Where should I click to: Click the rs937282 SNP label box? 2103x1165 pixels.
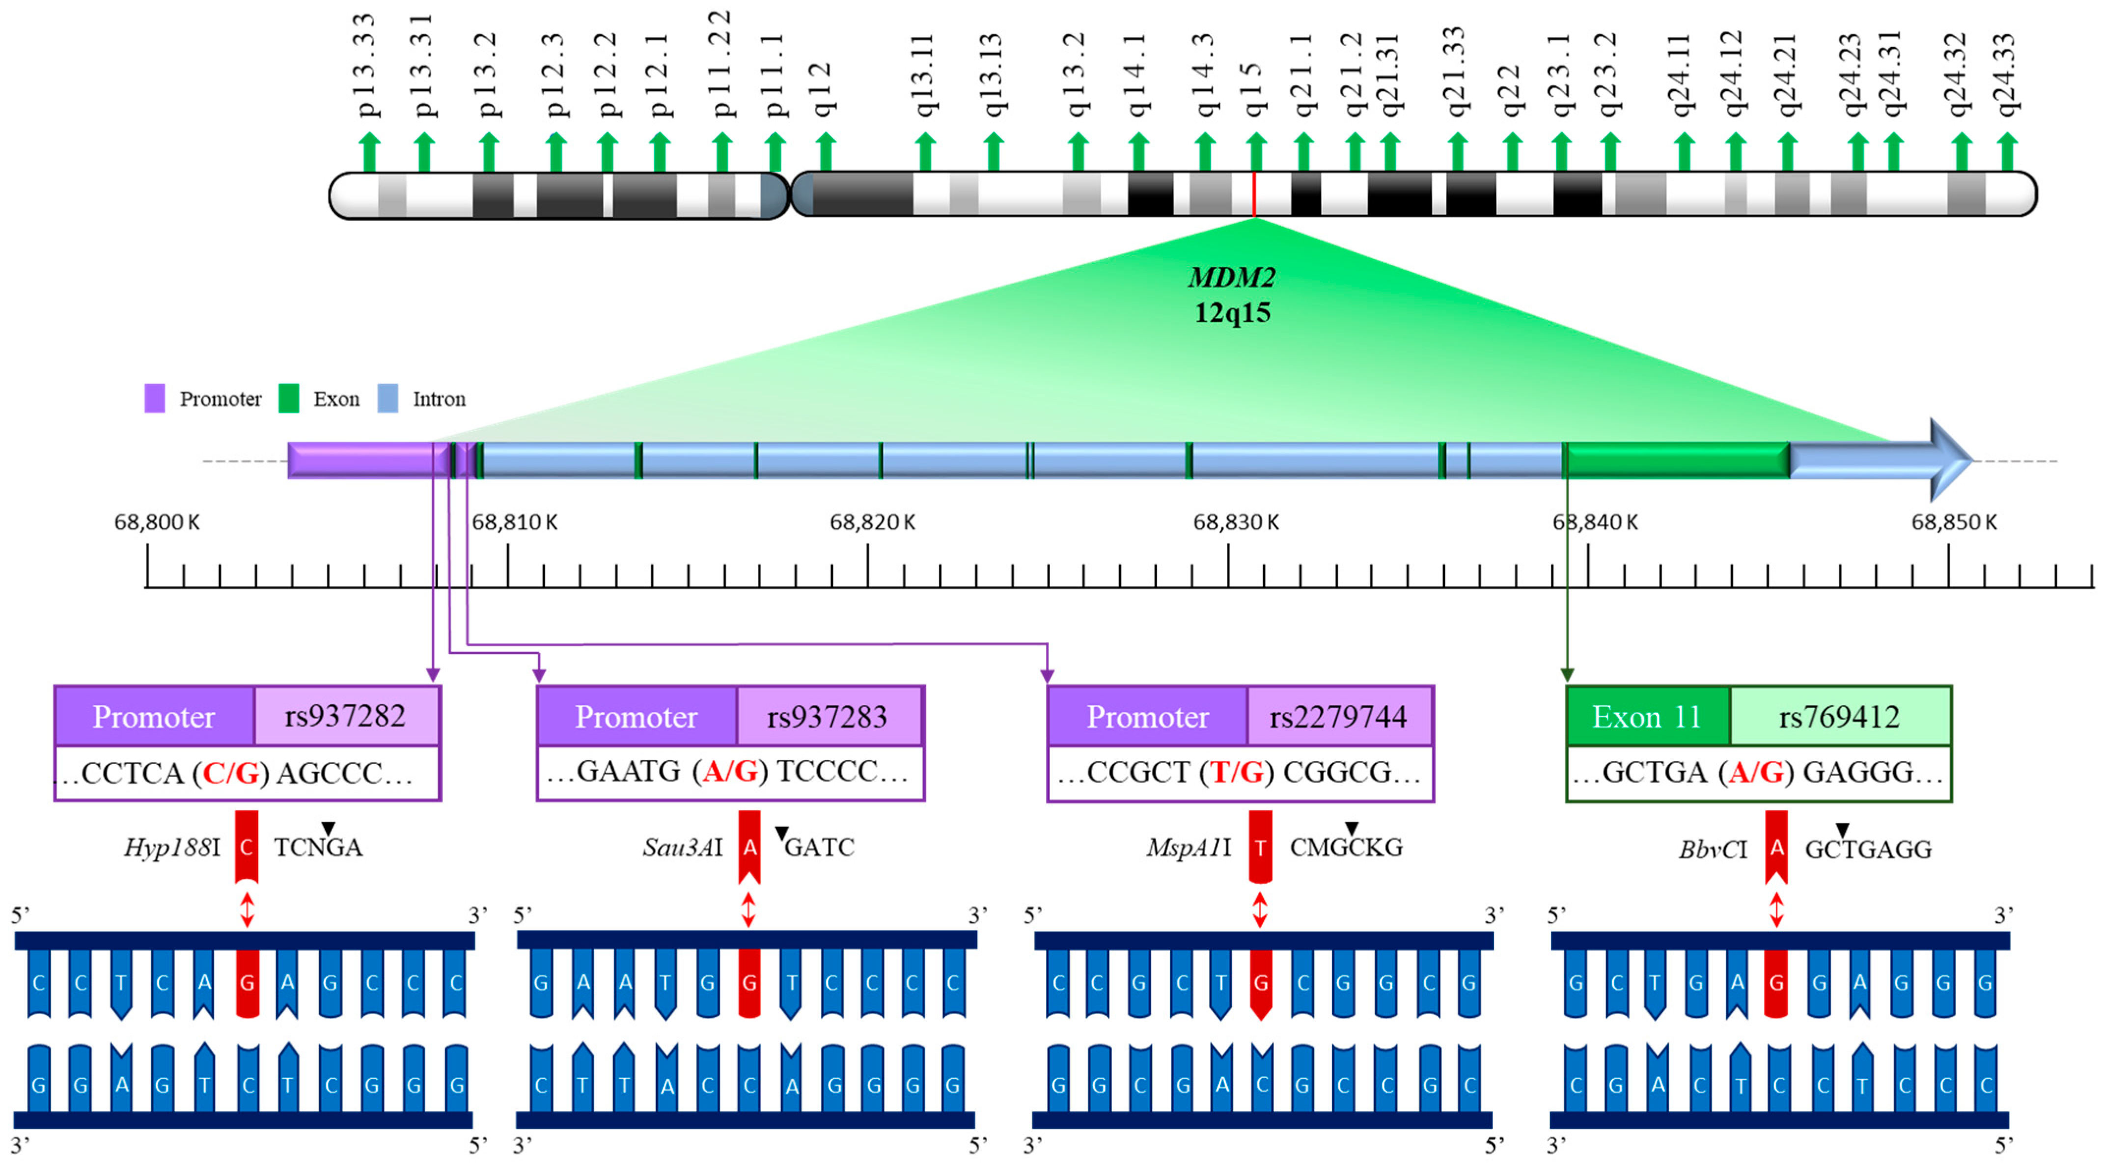[x=345, y=716]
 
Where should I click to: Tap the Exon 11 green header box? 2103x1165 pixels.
[x=1647, y=716]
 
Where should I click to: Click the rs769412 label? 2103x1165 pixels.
[x=1839, y=716]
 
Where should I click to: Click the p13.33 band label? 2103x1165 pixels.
[x=366, y=65]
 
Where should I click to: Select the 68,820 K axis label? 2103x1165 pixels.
[x=872, y=522]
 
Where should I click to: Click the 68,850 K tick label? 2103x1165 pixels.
[x=1954, y=522]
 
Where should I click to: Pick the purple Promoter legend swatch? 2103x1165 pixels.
[x=154, y=398]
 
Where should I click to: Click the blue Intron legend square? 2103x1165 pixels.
[x=388, y=398]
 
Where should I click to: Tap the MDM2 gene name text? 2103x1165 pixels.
[x=1231, y=277]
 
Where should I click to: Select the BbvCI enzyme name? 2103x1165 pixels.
[x=1713, y=849]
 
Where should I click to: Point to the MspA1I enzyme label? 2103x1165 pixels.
[x=1189, y=847]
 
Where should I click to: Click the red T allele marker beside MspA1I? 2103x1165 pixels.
[x=1261, y=847]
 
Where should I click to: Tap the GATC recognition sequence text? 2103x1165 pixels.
[x=819, y=847]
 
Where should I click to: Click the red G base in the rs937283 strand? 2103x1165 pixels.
[x=748, y=982]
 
